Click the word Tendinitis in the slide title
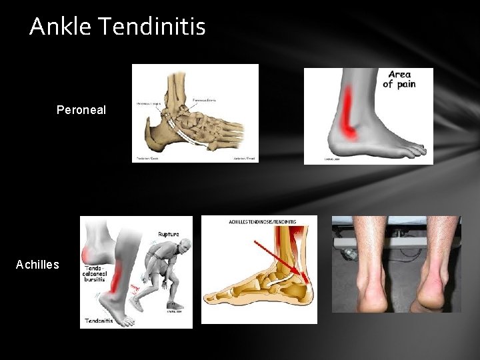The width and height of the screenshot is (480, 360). (x=153, y=27)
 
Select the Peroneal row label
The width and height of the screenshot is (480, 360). (x=81, y=109)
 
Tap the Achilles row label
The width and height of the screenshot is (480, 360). (x=37, y=265)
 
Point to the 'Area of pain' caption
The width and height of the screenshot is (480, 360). (x=399, y=79)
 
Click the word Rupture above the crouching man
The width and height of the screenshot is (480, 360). (x=169, y=235)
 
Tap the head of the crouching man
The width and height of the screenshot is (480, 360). (x=181, y=248)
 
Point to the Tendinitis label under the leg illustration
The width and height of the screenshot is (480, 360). (x=97, y=321)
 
